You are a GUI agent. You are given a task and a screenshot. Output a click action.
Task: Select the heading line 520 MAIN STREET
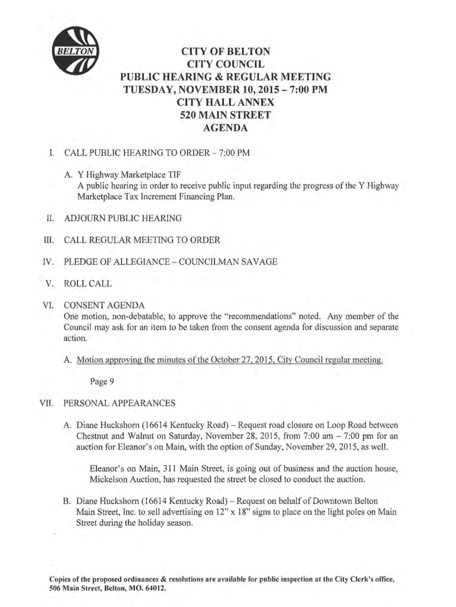pyautogui.click(x=225, y=115)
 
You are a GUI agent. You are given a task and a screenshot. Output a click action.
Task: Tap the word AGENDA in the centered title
pyautogui.click(x=225, y=128)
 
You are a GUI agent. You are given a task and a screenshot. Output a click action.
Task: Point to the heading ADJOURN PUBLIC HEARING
pyautogui.click(x=123, y=219)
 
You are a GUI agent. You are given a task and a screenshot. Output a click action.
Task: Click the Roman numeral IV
pyautogui.click(x=49, y=261)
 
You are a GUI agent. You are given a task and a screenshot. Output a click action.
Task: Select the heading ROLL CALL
pyautogui.click(x=88, y=283)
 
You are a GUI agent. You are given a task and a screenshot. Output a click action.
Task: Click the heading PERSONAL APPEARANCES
pyautogui.click(x=119, y=403)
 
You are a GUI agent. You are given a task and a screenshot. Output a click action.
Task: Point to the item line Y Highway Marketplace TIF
pyautogui.click(x=129, y=175)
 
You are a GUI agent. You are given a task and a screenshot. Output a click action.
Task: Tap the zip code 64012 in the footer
pyautogui.click(x=155, y=589)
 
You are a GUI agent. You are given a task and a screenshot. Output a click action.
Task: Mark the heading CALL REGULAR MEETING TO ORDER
pyautogui.click(x=142, y=240)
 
